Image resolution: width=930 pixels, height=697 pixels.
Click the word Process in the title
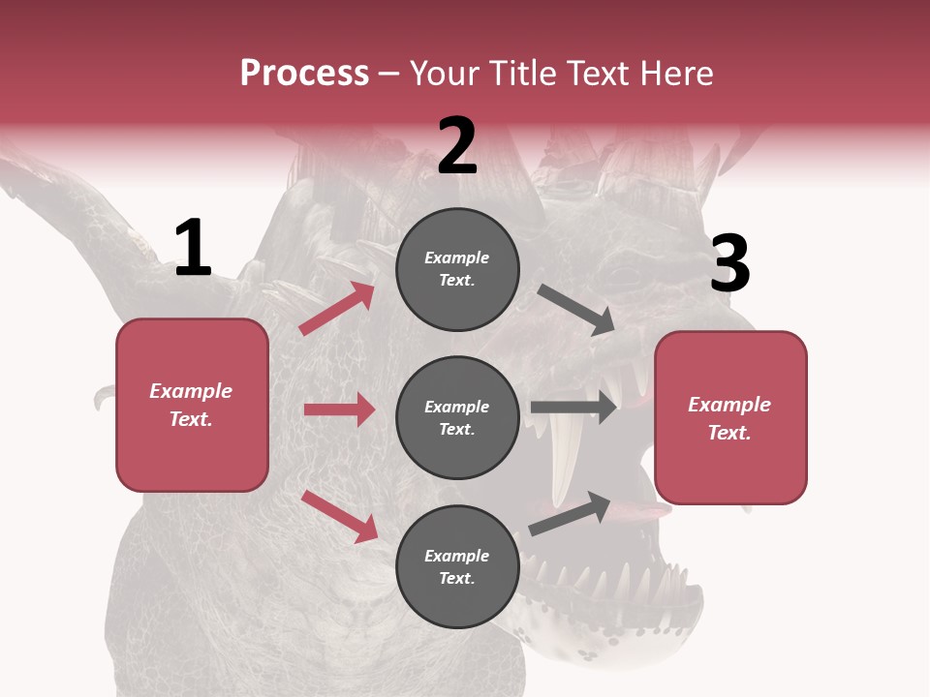tap(304, 74)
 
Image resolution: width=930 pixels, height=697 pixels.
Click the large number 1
tap(193, 249)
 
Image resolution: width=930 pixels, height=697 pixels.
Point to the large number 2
tap(457, 146)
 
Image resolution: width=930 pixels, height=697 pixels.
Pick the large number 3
tap(729, 264)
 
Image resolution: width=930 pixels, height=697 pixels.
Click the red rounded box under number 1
tap(192, 405)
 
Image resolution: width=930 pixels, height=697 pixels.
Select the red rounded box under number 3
tap(730, 417)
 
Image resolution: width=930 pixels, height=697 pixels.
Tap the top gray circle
tap(457, 269)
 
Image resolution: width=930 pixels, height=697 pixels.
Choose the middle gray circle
tap(457, 417)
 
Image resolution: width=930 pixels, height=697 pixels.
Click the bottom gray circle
tap(457, 566)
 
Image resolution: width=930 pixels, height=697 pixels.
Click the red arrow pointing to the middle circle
tap(339, 409)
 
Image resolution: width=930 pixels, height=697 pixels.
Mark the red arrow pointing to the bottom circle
tap(339, 516)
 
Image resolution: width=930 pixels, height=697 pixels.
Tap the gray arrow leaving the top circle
tap(575, 310)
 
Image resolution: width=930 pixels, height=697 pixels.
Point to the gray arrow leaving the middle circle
tap(573, 407)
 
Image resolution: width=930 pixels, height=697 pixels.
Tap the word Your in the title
tap(446, 74)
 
